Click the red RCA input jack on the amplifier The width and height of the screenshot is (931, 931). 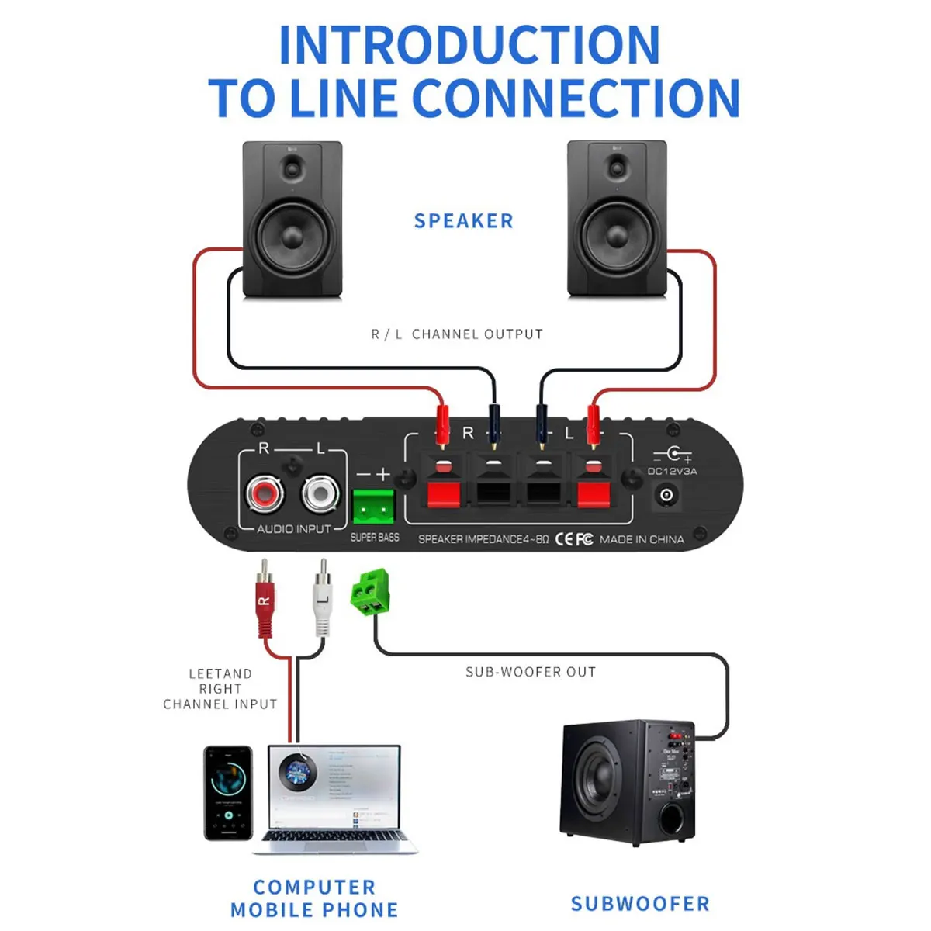264,493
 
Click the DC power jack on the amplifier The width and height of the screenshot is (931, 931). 666,494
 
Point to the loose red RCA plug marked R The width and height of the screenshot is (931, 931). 265,601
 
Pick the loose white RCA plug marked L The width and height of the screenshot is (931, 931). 323,601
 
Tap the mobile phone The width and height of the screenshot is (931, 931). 228,793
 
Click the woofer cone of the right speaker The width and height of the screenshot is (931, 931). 618,234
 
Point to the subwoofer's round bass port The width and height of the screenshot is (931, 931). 671,819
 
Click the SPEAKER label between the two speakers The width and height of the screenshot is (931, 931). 464,221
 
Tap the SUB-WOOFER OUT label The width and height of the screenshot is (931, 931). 531,672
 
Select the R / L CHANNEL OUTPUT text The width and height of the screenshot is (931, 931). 457,334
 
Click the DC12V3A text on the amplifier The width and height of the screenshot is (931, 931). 672,471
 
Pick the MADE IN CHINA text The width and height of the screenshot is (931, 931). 642,539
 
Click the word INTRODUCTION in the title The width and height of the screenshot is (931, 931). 469,46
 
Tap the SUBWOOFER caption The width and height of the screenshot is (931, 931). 640,904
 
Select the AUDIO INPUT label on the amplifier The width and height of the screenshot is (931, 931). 294,529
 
